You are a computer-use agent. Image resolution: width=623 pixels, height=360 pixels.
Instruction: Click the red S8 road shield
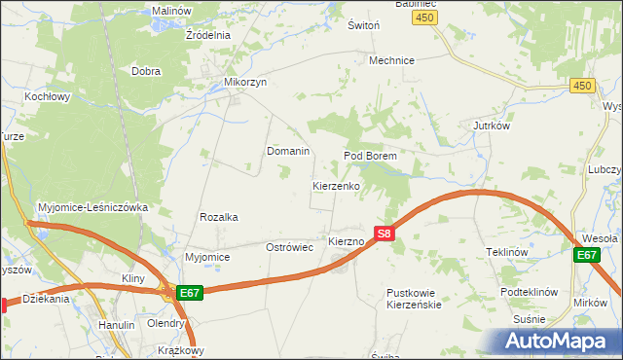tap(385, 234)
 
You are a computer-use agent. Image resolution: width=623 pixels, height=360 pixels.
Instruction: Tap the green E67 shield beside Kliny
tap(189, 292)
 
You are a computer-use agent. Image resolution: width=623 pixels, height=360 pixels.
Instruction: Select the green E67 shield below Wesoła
tap(585, 255)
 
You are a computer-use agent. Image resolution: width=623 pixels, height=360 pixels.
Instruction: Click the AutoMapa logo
tap(561, 342)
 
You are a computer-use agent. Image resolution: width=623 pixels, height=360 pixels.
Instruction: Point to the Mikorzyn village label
tap(245, 83)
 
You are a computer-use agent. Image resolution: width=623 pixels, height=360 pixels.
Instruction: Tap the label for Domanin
tap(288, 152)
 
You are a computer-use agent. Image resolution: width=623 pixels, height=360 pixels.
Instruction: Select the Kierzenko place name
tap(337, 185)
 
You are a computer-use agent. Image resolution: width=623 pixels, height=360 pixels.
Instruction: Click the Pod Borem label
tap(369, 156)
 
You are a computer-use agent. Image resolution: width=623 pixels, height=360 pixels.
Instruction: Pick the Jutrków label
tap(492, 126)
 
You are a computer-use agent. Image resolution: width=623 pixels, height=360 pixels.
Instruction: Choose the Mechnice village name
tap(391, 60)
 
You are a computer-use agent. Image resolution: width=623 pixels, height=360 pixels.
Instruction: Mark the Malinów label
tap(171, 11)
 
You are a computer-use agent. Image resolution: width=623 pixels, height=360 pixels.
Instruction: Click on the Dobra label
tap(146, 71)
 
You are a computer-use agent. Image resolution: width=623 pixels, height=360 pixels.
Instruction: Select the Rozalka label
tap(219, 218)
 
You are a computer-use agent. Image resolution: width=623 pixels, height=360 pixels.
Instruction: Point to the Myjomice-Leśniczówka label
tap(92, 207)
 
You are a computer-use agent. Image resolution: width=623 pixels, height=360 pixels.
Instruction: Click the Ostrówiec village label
tap(289, 247)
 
